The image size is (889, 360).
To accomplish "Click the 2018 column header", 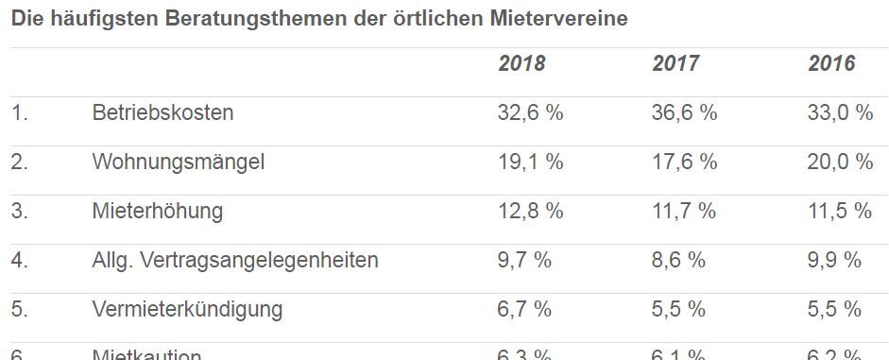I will (521, 64).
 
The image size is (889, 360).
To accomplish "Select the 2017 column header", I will (675, 64).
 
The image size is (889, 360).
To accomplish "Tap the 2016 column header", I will (831, 64).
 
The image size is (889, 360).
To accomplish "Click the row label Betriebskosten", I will (162, 113).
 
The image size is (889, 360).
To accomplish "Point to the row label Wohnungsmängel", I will (178, 163).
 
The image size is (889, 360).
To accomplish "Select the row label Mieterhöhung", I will (157, 211).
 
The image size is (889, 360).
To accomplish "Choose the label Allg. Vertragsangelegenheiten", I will (234, 260).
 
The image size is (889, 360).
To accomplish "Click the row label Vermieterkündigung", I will (187, 309).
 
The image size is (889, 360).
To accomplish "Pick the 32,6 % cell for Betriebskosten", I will (530, 113).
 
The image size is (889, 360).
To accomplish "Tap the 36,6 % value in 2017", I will (684, 113).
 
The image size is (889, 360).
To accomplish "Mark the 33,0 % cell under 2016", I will (840, 113).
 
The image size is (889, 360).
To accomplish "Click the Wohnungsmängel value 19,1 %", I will (530, 163).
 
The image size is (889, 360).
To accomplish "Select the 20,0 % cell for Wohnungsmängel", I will (840, 163).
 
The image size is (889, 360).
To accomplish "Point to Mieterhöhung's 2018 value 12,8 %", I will (530, 211).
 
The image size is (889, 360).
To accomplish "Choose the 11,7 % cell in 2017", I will (684, 211).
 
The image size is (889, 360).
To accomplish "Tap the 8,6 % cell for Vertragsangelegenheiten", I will (678, 260).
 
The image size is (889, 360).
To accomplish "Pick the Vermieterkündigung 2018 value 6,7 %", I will (524, 309).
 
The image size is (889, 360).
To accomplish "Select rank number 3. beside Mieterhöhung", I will (20, 211).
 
